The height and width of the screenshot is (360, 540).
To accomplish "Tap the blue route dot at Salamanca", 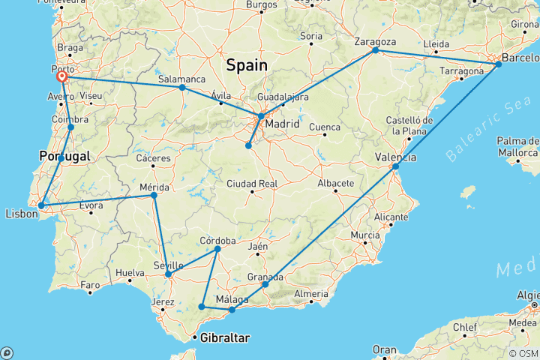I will pos(182,87).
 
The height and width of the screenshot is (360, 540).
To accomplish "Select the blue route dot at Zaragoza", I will pos(375,50).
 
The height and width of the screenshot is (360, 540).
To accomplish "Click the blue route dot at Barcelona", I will pos(499,64).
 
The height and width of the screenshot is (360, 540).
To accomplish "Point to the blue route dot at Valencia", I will pos(395,166).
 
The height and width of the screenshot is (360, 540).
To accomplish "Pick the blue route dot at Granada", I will pos(265,284).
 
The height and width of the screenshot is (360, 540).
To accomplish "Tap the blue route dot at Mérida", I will pos(154,195).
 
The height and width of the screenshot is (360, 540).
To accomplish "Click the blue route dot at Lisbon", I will pos(42,205).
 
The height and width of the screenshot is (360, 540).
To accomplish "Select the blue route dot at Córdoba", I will pos(217,248).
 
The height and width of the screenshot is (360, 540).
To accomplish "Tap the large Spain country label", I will pos(247,65).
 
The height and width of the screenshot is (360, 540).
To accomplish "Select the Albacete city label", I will pos(334,183).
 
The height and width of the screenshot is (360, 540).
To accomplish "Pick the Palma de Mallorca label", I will pos(518,147).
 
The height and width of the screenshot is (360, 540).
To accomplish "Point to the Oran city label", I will pos(385,349).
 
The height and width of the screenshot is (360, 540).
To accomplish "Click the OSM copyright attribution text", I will pos(523,353).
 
